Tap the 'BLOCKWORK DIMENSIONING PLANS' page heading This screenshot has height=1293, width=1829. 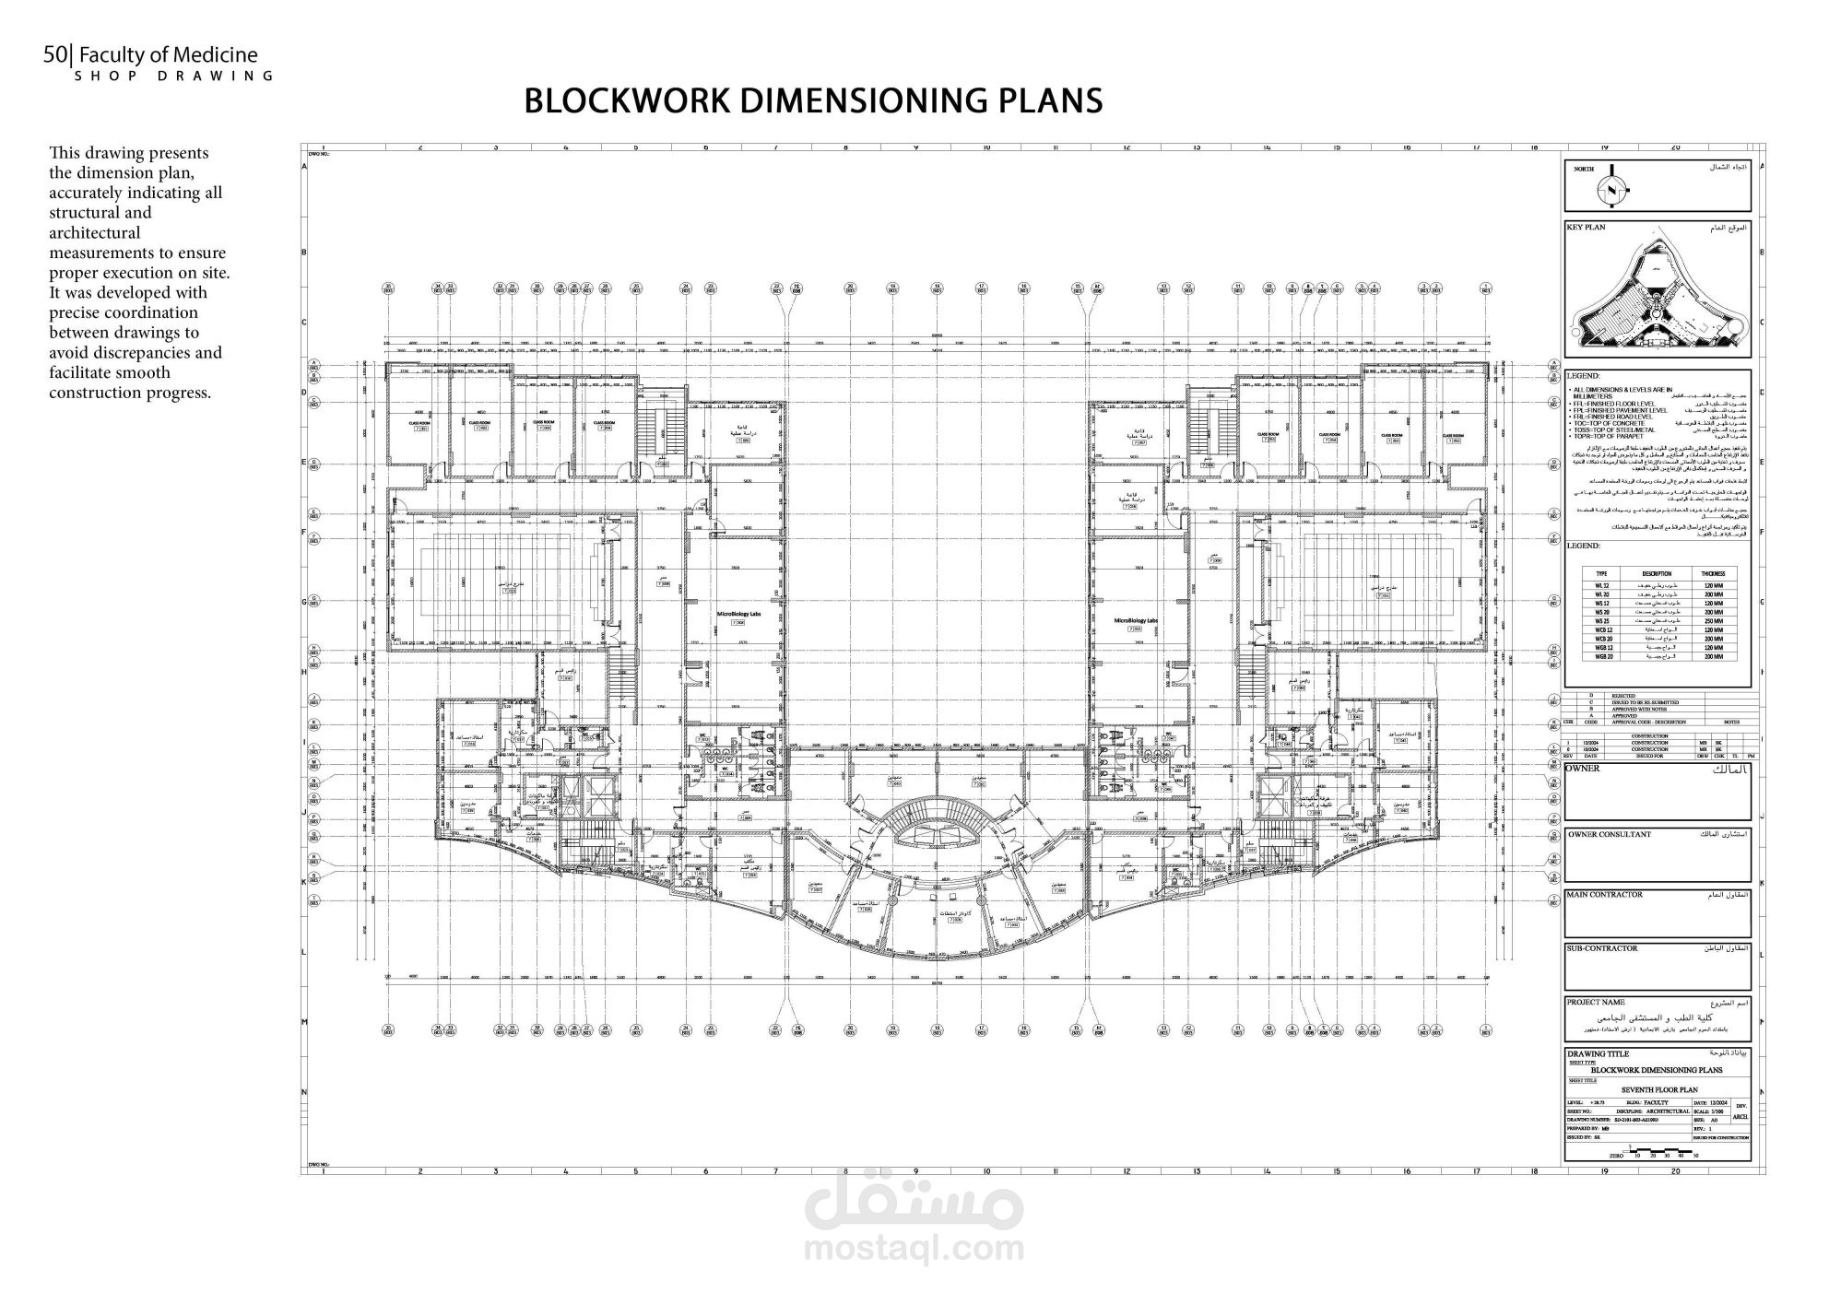tap(813, 100)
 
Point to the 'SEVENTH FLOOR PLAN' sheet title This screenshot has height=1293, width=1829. tap(1657, 1090)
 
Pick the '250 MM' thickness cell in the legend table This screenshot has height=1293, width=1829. tap(1712, 621)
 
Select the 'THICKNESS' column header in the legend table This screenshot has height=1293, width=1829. tap(1712, 573)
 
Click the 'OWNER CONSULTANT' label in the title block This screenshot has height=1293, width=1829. tap(1609, 834)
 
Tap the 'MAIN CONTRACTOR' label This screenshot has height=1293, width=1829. tap(1604, 894)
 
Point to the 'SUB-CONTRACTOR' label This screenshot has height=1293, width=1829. tap(1602, 947)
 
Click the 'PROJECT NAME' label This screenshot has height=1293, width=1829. tap(1595, 1002)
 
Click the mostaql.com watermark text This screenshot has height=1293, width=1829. tap(914, 1250)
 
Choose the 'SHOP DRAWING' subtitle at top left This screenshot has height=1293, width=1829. tap(174, 76)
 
